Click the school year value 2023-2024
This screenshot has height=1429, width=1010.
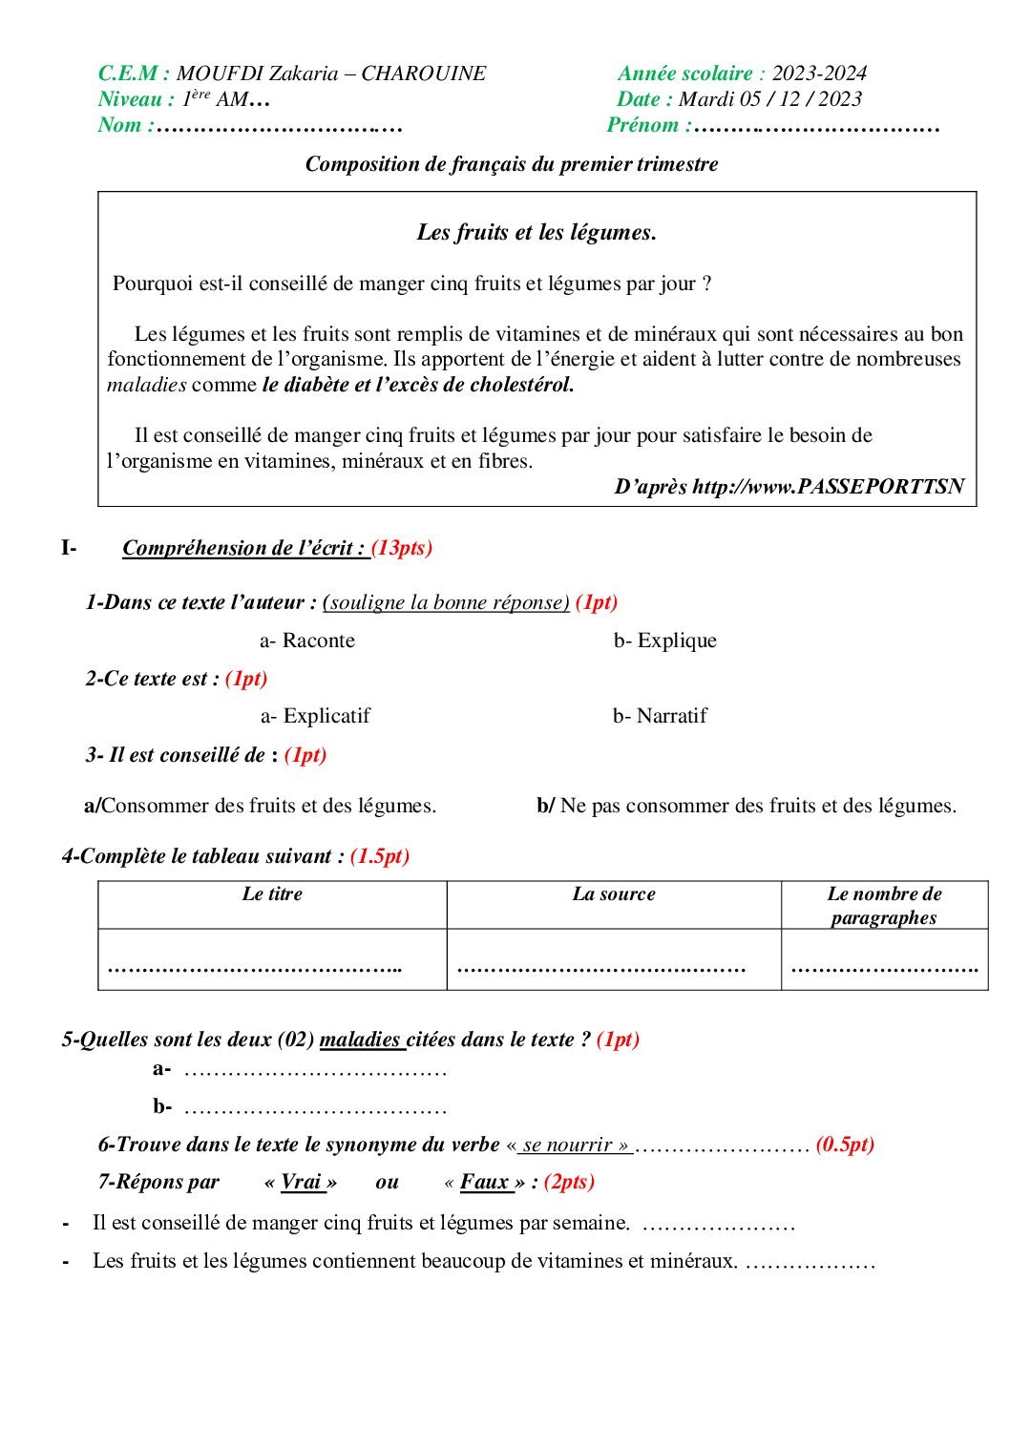coord(818,74)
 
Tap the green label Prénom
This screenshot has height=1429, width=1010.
coord(642,125)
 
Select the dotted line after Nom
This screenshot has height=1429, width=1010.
coord(279,125)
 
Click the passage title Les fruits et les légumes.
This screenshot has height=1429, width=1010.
coord(537,232)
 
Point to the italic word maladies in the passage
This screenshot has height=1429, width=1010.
coord(146,385)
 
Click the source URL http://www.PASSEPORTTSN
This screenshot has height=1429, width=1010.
coord(828,487)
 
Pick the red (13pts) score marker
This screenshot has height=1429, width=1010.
coord(402,548)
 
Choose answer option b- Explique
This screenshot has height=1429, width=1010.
coord(664,641)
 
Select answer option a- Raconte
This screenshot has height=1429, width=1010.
coord(307,641)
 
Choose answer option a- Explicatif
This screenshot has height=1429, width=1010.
coord(315,716)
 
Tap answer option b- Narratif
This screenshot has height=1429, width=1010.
coord(660,716)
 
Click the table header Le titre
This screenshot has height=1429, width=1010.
coord(272,894)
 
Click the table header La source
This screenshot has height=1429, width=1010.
coord(614,894)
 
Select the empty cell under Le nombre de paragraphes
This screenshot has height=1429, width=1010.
coord(884,960)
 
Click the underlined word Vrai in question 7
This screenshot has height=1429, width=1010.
coord(301,1182)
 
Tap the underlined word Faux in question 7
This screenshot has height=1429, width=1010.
coord(485,1182)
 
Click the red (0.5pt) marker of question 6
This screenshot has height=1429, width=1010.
coord(845,1145)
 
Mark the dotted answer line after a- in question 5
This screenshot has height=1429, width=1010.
coord(315,1071)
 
